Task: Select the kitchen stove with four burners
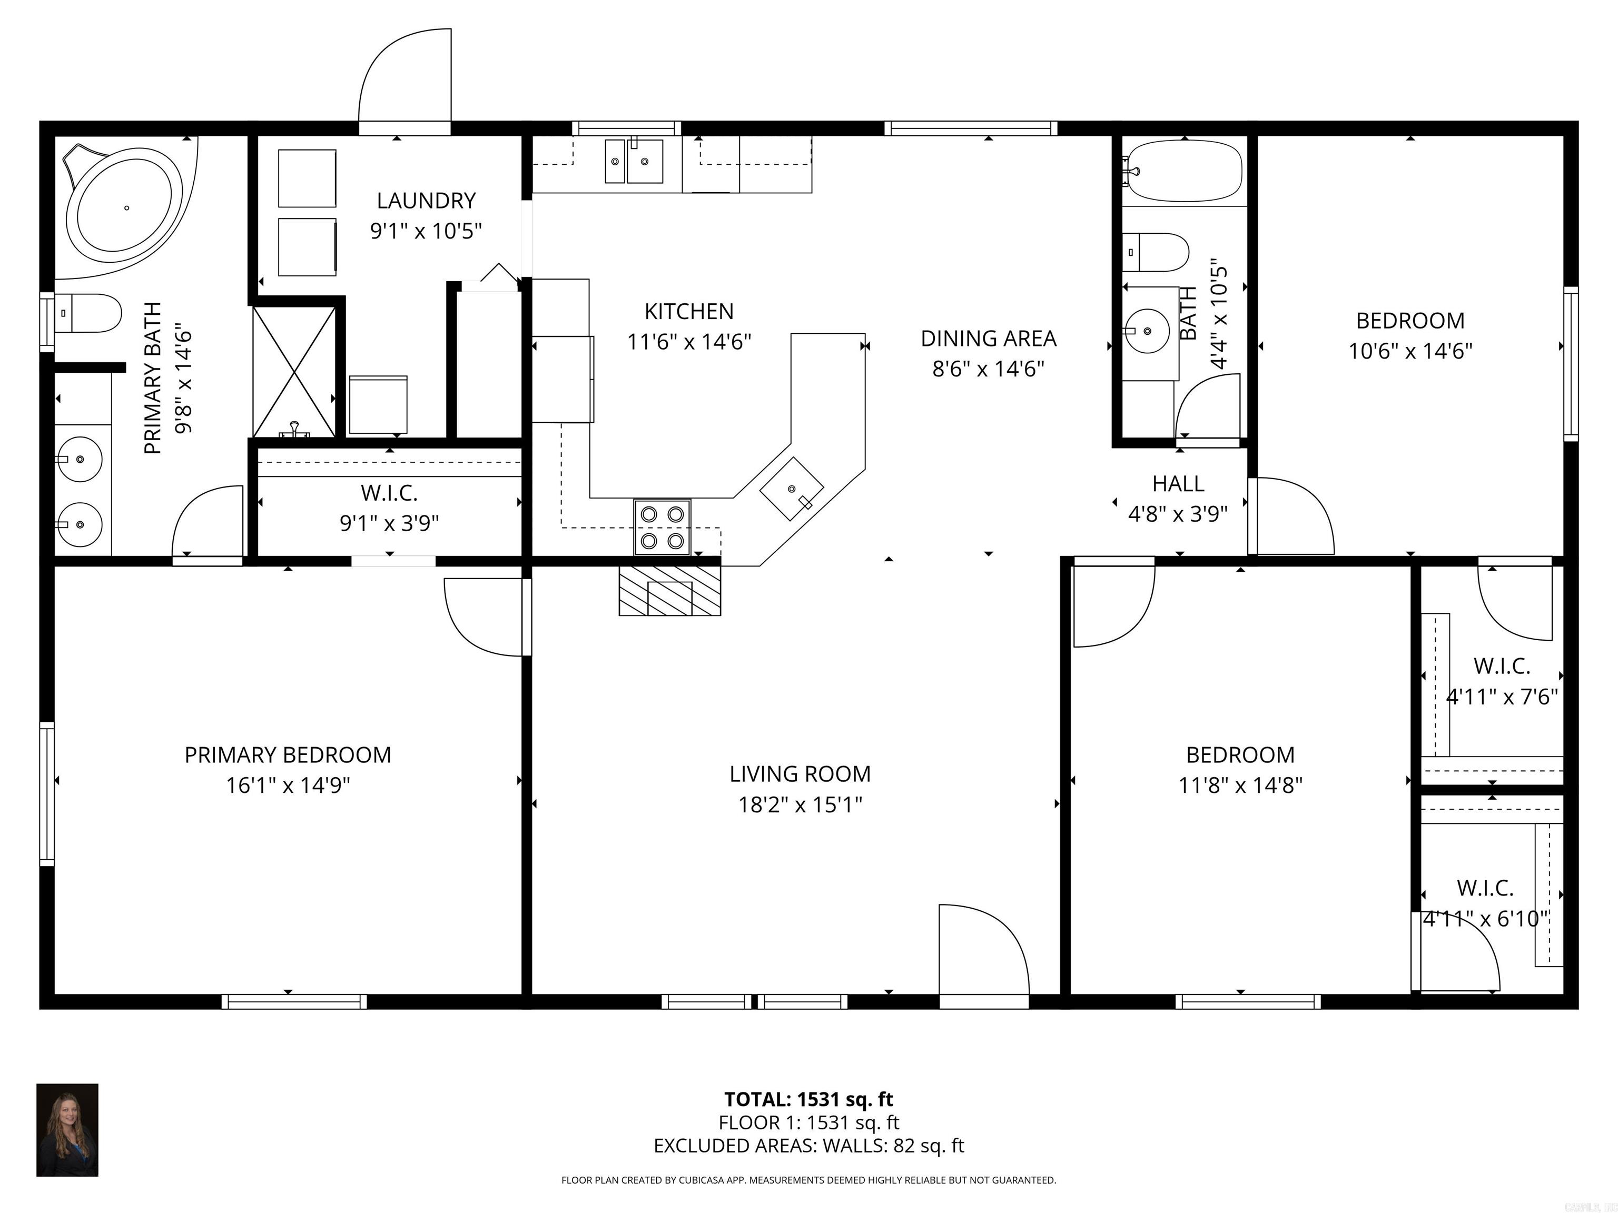tap(662, 527)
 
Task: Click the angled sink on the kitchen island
tap(792, 489)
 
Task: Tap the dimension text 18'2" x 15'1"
tap(800, 804)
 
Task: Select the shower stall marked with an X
tap(294, 372)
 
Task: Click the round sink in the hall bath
tap(1146, 331)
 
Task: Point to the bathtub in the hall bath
tap(1183, 171)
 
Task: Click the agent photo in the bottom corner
tap(67, 1130)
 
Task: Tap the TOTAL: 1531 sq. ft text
tap(808, 1099)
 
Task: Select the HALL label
tap(1178, 483)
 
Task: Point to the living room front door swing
tap(980, 950)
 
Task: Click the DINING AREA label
tap(988, 339)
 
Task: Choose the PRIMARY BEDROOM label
tap(288, 754)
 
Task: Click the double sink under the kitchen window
tap(634, 162)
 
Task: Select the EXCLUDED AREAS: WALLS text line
tap(808, 1146)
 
